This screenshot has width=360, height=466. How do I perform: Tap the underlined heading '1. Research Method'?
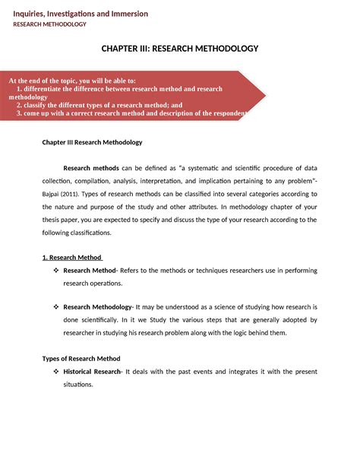[x=72, y=257]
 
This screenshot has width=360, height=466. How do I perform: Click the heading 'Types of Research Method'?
[x=81, y=358]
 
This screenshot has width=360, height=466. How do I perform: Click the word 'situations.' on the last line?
[x=78, y=385]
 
